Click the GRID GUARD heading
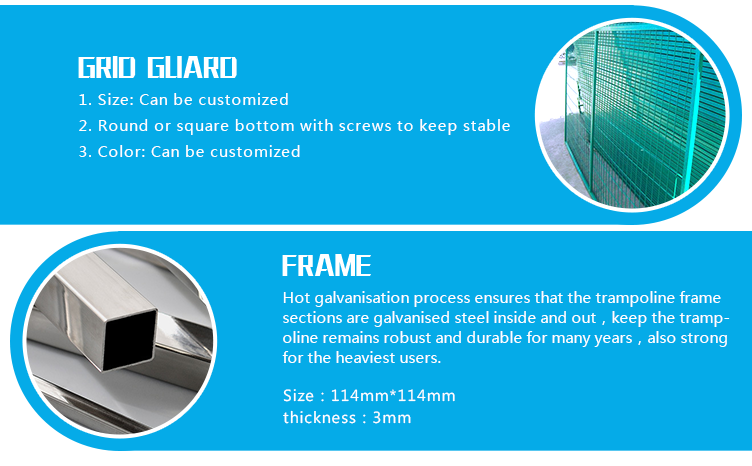pos(157,67)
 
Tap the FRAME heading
pos(326,266)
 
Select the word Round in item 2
pos(123,126)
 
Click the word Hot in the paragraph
pos(296,298)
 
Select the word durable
pos(494,338)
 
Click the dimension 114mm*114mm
pos(393,396)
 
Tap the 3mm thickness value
pos(392,418)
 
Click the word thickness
pos(319,418)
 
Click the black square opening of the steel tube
pos(129,339)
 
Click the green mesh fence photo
pos(632,116)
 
